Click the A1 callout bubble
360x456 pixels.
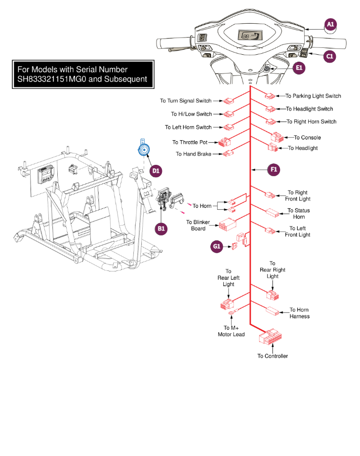[330, 24]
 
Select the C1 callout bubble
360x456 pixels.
[330, 57]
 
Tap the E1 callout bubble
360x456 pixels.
[299, 68]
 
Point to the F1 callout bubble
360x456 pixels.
[273, 169]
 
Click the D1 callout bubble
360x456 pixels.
[156, 171]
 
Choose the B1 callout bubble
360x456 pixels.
[161, 228]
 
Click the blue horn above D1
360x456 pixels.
[144, 150]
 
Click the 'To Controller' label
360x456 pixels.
[272, 356]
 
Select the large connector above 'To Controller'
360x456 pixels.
[270, 339]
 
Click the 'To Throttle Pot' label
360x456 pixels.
[190, 142]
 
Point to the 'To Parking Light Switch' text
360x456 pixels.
[313, 96]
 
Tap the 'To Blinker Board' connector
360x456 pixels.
[227, 225]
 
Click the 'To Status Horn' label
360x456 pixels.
[299, 214]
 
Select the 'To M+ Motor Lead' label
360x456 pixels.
[231, 331]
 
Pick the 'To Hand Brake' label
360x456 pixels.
[193, 154]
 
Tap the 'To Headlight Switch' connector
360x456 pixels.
[270, 109]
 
